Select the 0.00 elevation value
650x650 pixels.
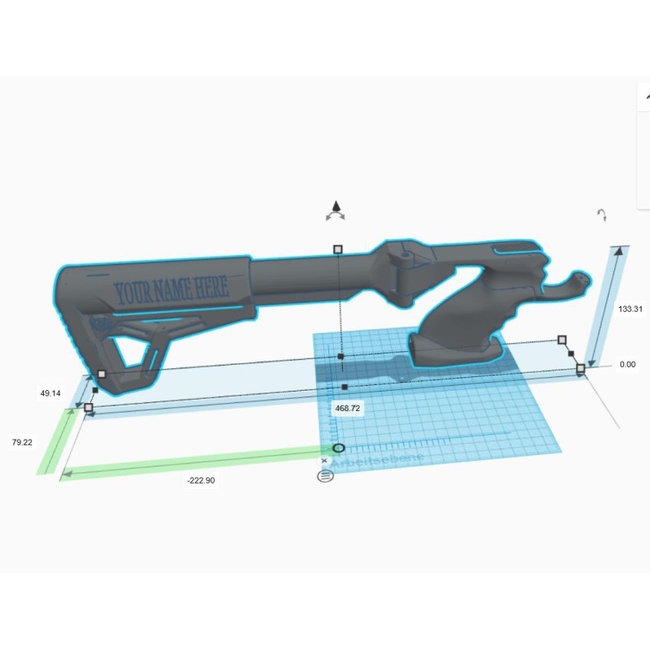pyautogui.click(x=627, y=365)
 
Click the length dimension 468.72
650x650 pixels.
pyautogui.click(x=347, y=408)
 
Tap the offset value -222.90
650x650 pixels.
pyautogui.click(x=201, y=480)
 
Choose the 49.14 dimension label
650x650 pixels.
pyautogui.click(x=50, y=393)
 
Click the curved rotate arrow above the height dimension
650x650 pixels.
pyautogui.click(x=602, y=215)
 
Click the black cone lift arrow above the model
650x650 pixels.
pyautogui.click(x=335, y=208)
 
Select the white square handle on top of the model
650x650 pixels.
pyautogui.click(x=338, y=249)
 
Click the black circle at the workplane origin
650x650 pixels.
pyautogui.click(x=339, y=448)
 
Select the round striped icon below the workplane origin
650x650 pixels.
pyautogui.click(x=325, y=475)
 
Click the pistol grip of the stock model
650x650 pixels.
pyautogui.click(x=455, y=325)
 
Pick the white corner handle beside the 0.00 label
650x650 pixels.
pyautogui.click(x=580, y=369)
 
